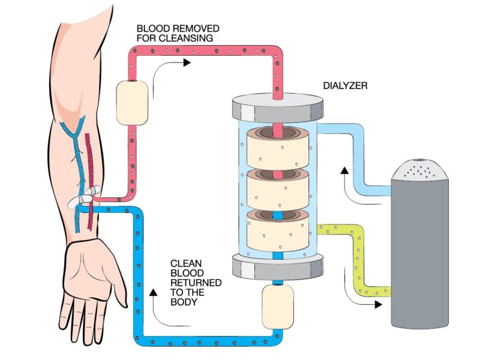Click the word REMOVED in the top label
point(190,28)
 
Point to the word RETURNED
point(196,282)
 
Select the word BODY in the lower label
point(184,302)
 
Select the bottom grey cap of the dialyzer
point(277,265)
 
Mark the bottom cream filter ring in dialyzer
point(277,230)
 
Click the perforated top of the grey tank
point(420,171)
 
